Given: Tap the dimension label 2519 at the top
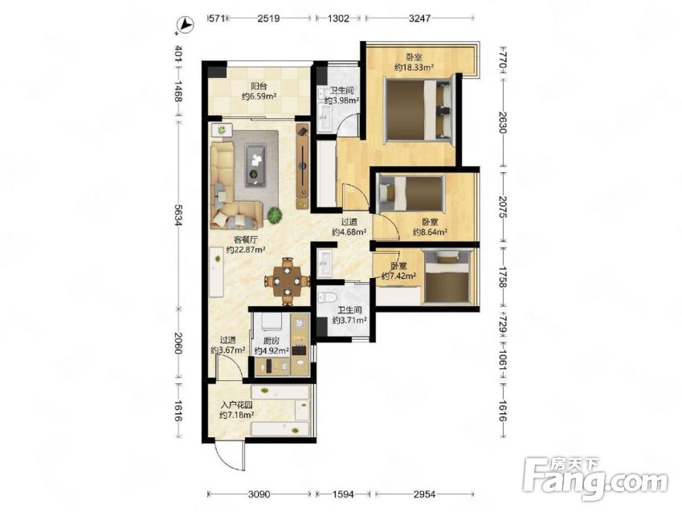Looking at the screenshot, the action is coord(268,18).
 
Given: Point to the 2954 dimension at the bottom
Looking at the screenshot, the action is coord(424,494).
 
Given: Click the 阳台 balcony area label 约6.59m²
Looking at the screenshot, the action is coord(259,96).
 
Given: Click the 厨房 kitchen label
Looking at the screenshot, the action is coord(272,341).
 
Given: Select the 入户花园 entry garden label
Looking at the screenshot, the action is coord(237,405).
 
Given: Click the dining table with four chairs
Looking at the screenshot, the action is coord(287,281).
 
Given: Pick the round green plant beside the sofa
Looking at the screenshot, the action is coord(274,215).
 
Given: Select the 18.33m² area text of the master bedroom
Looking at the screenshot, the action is coord(414,67).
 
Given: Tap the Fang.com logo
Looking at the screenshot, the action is coord(595,479).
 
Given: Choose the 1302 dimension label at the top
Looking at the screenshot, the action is coord(338,18).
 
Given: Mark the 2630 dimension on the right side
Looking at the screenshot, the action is coord(502,123).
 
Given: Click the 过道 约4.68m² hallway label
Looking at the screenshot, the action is coord(349,227).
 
